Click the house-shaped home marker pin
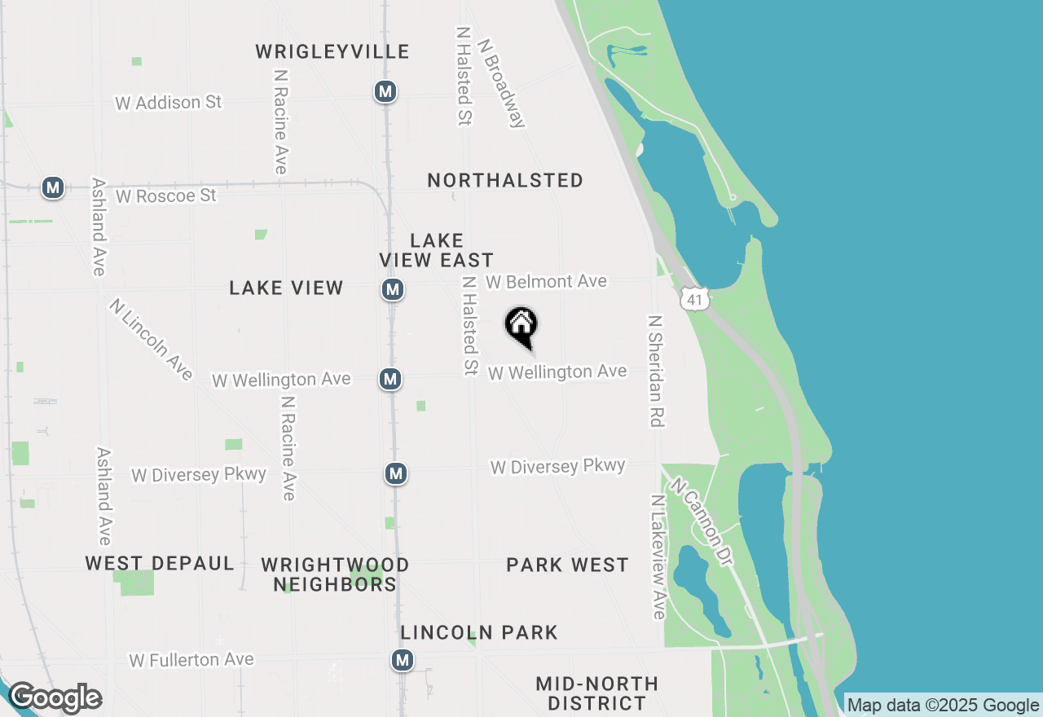(x=521, y=326)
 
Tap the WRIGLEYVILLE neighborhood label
(x=332, y=52)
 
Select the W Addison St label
(x=169, y=103)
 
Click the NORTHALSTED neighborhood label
(x=505, y=180)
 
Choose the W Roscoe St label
(x=166, y=196)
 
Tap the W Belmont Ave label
(x=546, y=282)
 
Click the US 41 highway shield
(x=694, y=299)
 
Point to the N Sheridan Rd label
(x=656, y=371)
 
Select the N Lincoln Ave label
(x=152, y=339)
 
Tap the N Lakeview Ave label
(x=658, y=556)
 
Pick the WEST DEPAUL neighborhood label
(x=160, y=563)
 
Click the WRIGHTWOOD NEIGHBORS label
(x=335, y=574)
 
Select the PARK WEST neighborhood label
(x=567, y=565)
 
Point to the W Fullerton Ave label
(x=191, y=659)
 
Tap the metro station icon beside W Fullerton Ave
(x=403, y=660)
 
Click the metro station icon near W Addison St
(x=385, y=91)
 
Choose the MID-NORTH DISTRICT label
(x=597, y=693)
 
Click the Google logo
(x=55, y=698)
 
